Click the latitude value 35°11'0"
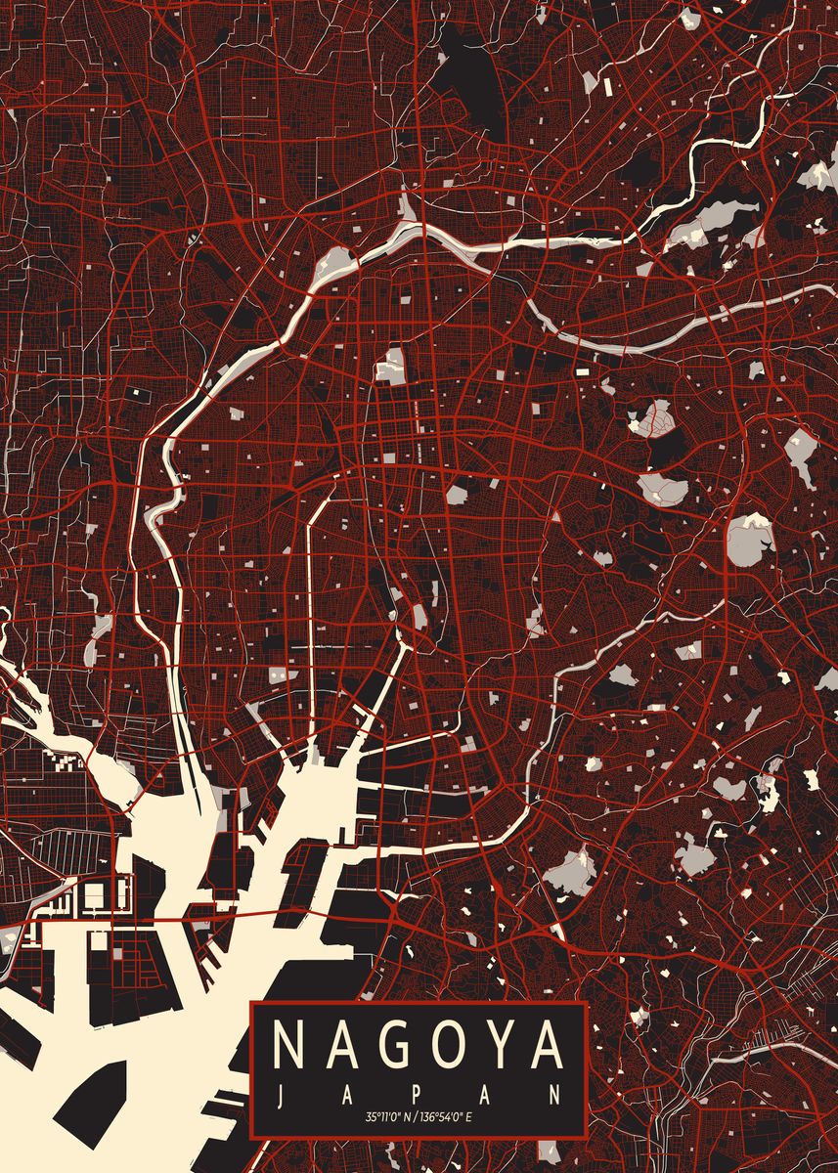(383, 1116)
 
